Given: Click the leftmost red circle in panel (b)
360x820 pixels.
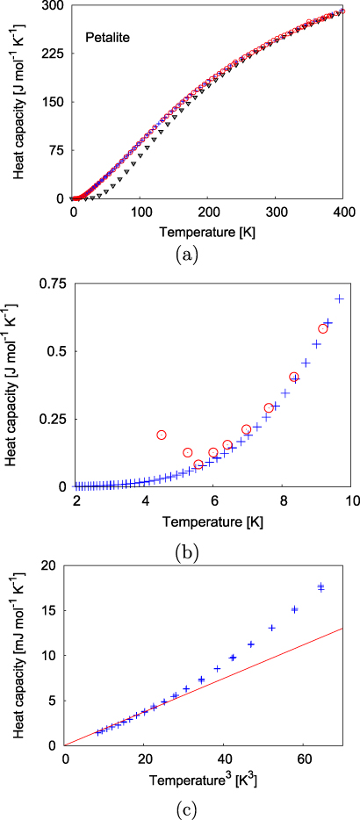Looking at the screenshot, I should pos(162,435).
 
